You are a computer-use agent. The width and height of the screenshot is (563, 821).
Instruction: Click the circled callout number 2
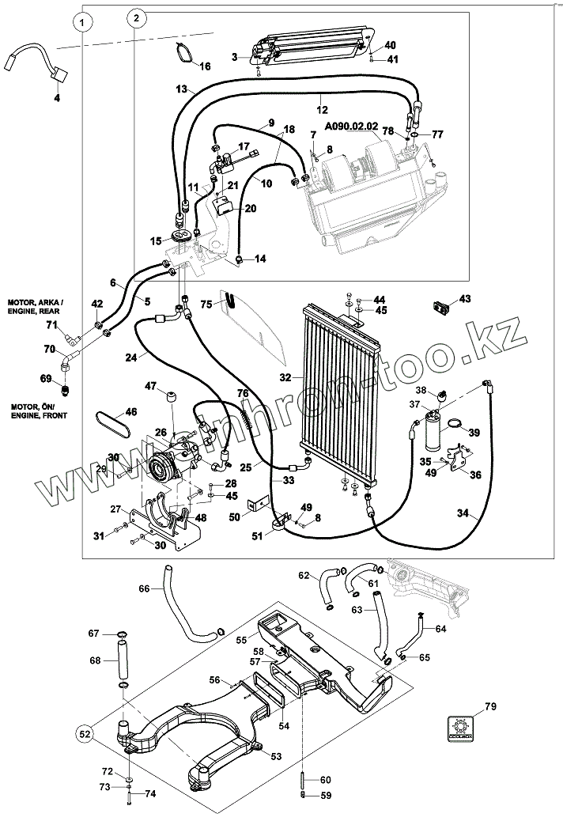point(136,17)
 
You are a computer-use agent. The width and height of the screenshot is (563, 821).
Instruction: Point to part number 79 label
point(489,706)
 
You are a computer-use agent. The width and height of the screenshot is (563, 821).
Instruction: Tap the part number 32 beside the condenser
point(285,377)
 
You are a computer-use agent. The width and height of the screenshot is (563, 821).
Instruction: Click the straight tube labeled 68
point(123,659)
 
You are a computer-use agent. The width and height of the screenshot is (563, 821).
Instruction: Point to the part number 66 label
point(143,588)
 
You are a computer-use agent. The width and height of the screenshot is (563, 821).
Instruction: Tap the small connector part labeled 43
point(441,303)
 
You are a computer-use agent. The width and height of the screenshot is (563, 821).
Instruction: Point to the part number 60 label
point(327,781)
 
